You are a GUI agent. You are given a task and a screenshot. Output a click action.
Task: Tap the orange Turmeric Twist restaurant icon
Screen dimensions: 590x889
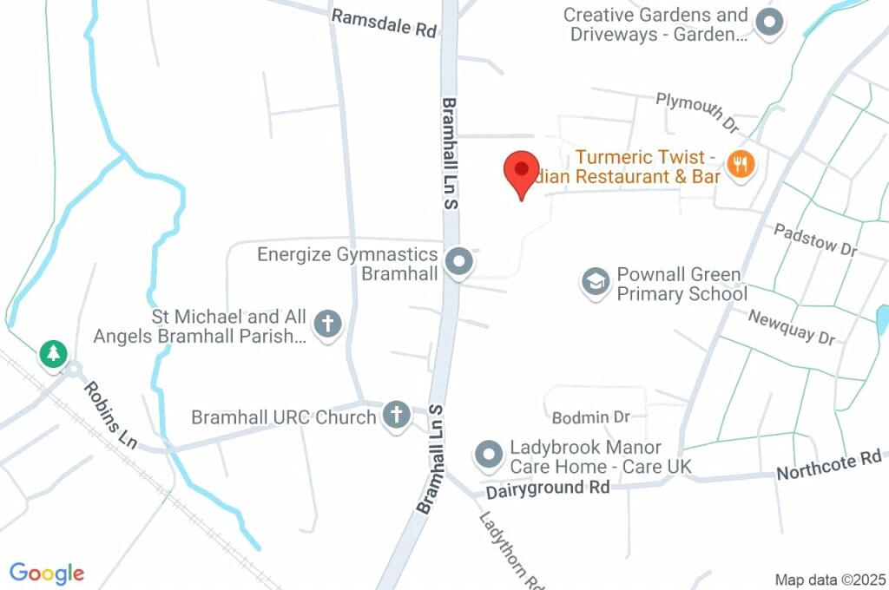pos(740,163)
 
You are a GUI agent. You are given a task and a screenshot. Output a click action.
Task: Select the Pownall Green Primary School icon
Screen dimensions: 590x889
pos(596,283)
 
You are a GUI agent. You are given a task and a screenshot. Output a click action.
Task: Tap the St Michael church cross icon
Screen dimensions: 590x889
pos(327,325)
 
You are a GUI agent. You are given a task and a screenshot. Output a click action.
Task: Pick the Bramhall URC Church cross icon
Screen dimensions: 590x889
pos(396,416)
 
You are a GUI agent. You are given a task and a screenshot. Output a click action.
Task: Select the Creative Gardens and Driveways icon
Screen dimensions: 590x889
pos(768,23)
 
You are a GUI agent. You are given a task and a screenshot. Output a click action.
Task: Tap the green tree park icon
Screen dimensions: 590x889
pos(53,353)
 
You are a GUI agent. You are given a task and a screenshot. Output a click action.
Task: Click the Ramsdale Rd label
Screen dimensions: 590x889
pos(384,23)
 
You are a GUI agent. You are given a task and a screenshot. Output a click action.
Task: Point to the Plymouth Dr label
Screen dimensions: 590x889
pos(696,112)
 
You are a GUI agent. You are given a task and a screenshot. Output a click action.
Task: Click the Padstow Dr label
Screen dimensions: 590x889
pos(815,239)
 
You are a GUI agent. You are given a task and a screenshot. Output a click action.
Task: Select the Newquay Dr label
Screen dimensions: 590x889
pos(791,327)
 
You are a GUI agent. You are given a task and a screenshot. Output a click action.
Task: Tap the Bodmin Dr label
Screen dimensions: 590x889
pos(591,417)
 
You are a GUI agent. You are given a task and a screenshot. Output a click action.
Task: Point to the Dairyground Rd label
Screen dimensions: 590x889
pos(547,488)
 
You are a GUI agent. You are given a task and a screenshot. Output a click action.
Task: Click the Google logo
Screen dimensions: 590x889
pos(47,574)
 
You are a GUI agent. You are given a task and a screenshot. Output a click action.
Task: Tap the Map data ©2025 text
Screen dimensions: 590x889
pos(829,580)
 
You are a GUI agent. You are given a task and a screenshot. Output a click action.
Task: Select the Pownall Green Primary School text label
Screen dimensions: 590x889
pos(681,284)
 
